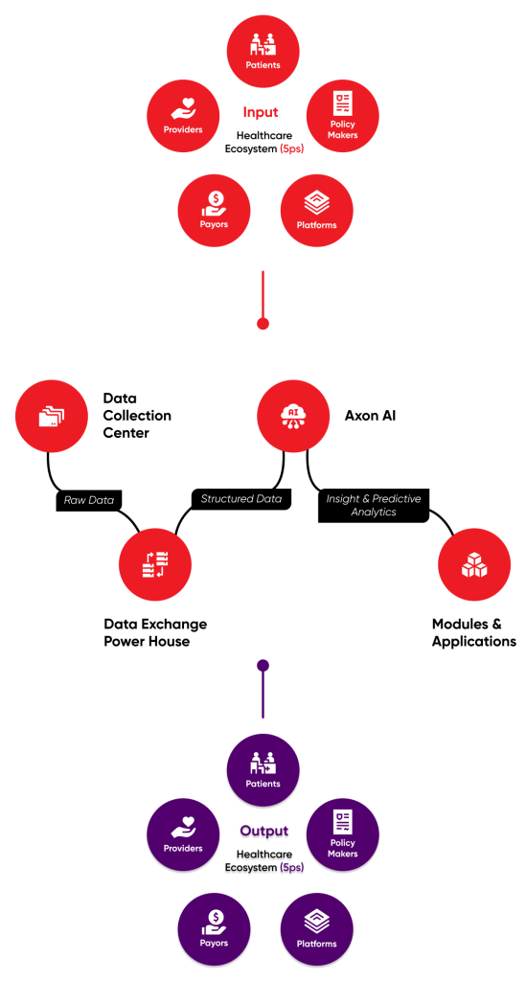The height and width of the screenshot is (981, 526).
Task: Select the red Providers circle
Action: click(183, 116)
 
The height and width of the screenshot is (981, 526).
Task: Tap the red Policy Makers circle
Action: click(343, 116)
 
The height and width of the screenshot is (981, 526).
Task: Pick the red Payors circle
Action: click(214, 211)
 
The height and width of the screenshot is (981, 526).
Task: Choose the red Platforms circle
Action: click(316, 211)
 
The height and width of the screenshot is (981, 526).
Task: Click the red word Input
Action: click(261, 113)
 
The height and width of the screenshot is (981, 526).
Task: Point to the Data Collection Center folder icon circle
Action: click(52, 416)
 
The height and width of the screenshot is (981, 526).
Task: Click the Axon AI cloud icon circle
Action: click(293, 416)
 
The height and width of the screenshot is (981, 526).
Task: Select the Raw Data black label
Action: click(89, 500)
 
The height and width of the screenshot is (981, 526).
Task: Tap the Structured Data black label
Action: click(240, 498)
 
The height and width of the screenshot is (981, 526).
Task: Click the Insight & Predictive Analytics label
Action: click(374, 506)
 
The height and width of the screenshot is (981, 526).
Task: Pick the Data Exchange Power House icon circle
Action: click(155, 564)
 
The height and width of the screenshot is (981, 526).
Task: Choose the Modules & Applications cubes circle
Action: click(474, 564)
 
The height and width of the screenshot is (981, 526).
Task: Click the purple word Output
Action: click(263, 832)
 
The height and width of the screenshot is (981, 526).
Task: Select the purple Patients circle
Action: click(263, 770)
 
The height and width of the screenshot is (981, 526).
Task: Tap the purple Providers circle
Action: click(183, 834)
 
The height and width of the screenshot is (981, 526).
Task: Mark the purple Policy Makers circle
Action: click(343, 834)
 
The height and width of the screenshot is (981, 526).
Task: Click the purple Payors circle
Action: click(214, 929)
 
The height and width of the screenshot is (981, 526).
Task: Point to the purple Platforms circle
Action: click(316, 929)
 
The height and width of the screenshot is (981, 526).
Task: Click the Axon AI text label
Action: click(370, 416)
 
